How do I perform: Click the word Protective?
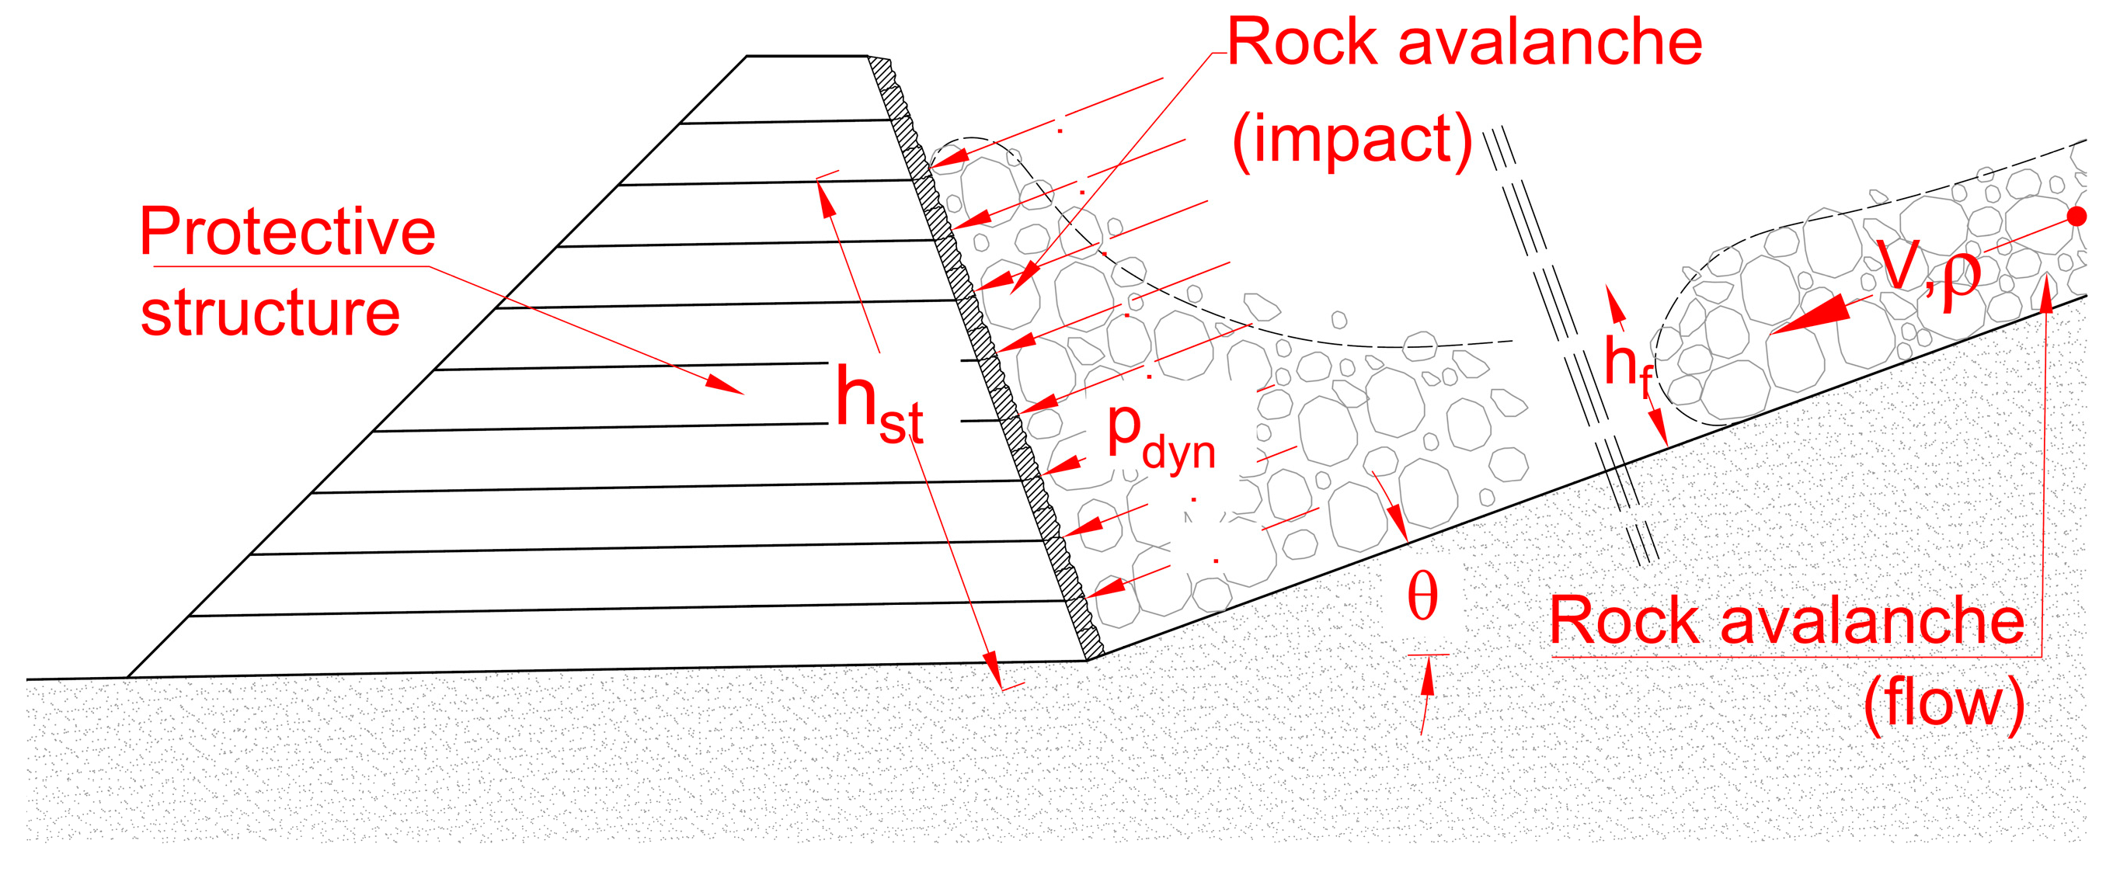(x=287, y=233)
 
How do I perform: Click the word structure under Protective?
(x=270, y=315)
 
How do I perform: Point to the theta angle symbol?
(x=1422, y=598)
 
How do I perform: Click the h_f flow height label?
(x=1626, y=366)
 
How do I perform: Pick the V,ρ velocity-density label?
(x=1930, y=272)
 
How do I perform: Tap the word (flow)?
(x=1943, y=703)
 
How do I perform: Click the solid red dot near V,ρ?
(x=2076, y=217)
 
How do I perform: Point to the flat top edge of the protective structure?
(x=806, y=56)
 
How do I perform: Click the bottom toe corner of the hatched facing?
(x=1088, y=658)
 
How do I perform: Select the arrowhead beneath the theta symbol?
(x=1428, y=678)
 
